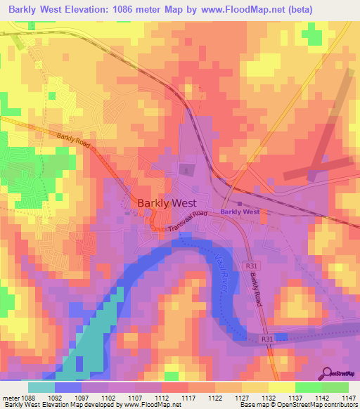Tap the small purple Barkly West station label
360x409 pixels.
point(240,212)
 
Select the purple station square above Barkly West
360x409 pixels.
point(240,204)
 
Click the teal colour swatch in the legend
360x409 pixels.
point(41,387)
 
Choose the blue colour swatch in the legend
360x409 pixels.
point(68,387)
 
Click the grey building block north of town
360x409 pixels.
point(186,169)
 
